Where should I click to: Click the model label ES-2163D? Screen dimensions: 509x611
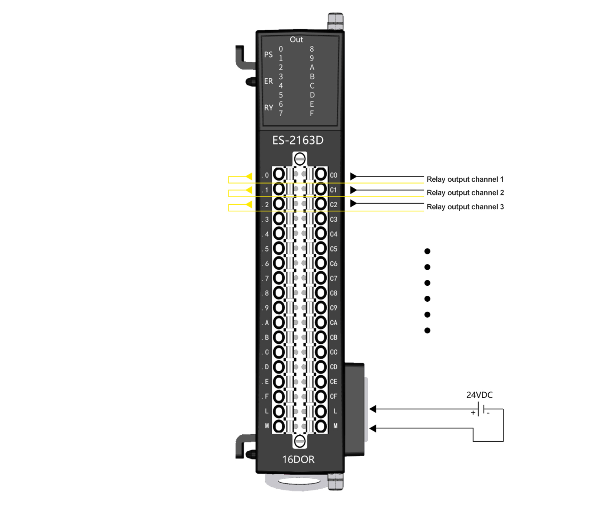click(x=298, y=140)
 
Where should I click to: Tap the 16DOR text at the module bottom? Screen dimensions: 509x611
click(x=298, y=460)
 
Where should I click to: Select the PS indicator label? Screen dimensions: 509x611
click(x=268, y=55)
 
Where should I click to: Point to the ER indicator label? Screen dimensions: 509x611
click(x=268, y=81)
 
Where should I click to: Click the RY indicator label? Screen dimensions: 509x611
click(x=268, y=108)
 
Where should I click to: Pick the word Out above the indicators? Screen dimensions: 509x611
click(x=296, y=39)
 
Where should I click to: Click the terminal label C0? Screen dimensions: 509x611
click(x=333, y=175)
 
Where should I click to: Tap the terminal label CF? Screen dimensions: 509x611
click(x=333, y=396)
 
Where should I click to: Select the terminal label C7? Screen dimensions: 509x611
click(x=333, y=278)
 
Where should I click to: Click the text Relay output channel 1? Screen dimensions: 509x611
click(x=465, y=179)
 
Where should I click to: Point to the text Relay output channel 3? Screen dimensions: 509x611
click(x=465, y=207)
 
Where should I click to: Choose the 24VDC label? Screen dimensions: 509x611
click(x=479, y=395)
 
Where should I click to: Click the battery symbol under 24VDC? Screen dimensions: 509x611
click(x=481, y=409)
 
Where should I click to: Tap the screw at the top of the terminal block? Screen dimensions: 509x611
click(x=300, y=159)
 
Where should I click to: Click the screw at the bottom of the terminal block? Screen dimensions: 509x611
click(x=300, y=441)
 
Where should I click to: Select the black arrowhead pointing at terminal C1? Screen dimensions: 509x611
click(x=353, y=190)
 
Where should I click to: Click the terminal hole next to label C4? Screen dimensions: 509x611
click(x=321, y=234)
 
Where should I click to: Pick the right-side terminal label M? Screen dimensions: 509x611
click(x=335, y=426)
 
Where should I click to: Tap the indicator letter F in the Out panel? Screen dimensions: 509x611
click(x=312, y=113)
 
